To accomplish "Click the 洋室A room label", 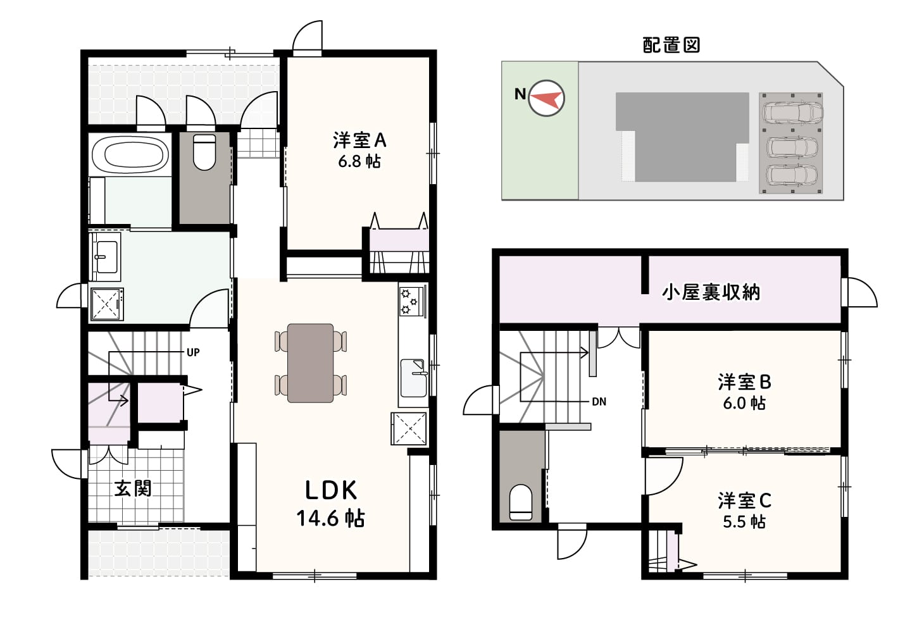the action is (359, 140).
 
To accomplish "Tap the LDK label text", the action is (331, 490).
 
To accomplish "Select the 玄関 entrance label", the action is (133, 488).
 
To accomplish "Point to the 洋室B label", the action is (744, 382).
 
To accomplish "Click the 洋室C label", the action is (744, 500).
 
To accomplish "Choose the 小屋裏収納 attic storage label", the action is (711, 292).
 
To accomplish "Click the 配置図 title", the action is (671, 45).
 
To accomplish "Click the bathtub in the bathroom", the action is (130, 155).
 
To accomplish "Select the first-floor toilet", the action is (204, 152).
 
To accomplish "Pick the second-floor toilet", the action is (521, 502).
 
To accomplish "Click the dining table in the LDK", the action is (310, 363).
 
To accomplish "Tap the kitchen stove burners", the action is (409, 301).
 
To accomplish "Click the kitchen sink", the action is (413, 378).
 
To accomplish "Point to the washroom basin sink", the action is (106, 257).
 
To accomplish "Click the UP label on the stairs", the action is (193, 352).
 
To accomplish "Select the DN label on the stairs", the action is (599, 402).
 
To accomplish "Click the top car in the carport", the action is (792, 113).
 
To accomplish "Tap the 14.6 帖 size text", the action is (331, 518).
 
